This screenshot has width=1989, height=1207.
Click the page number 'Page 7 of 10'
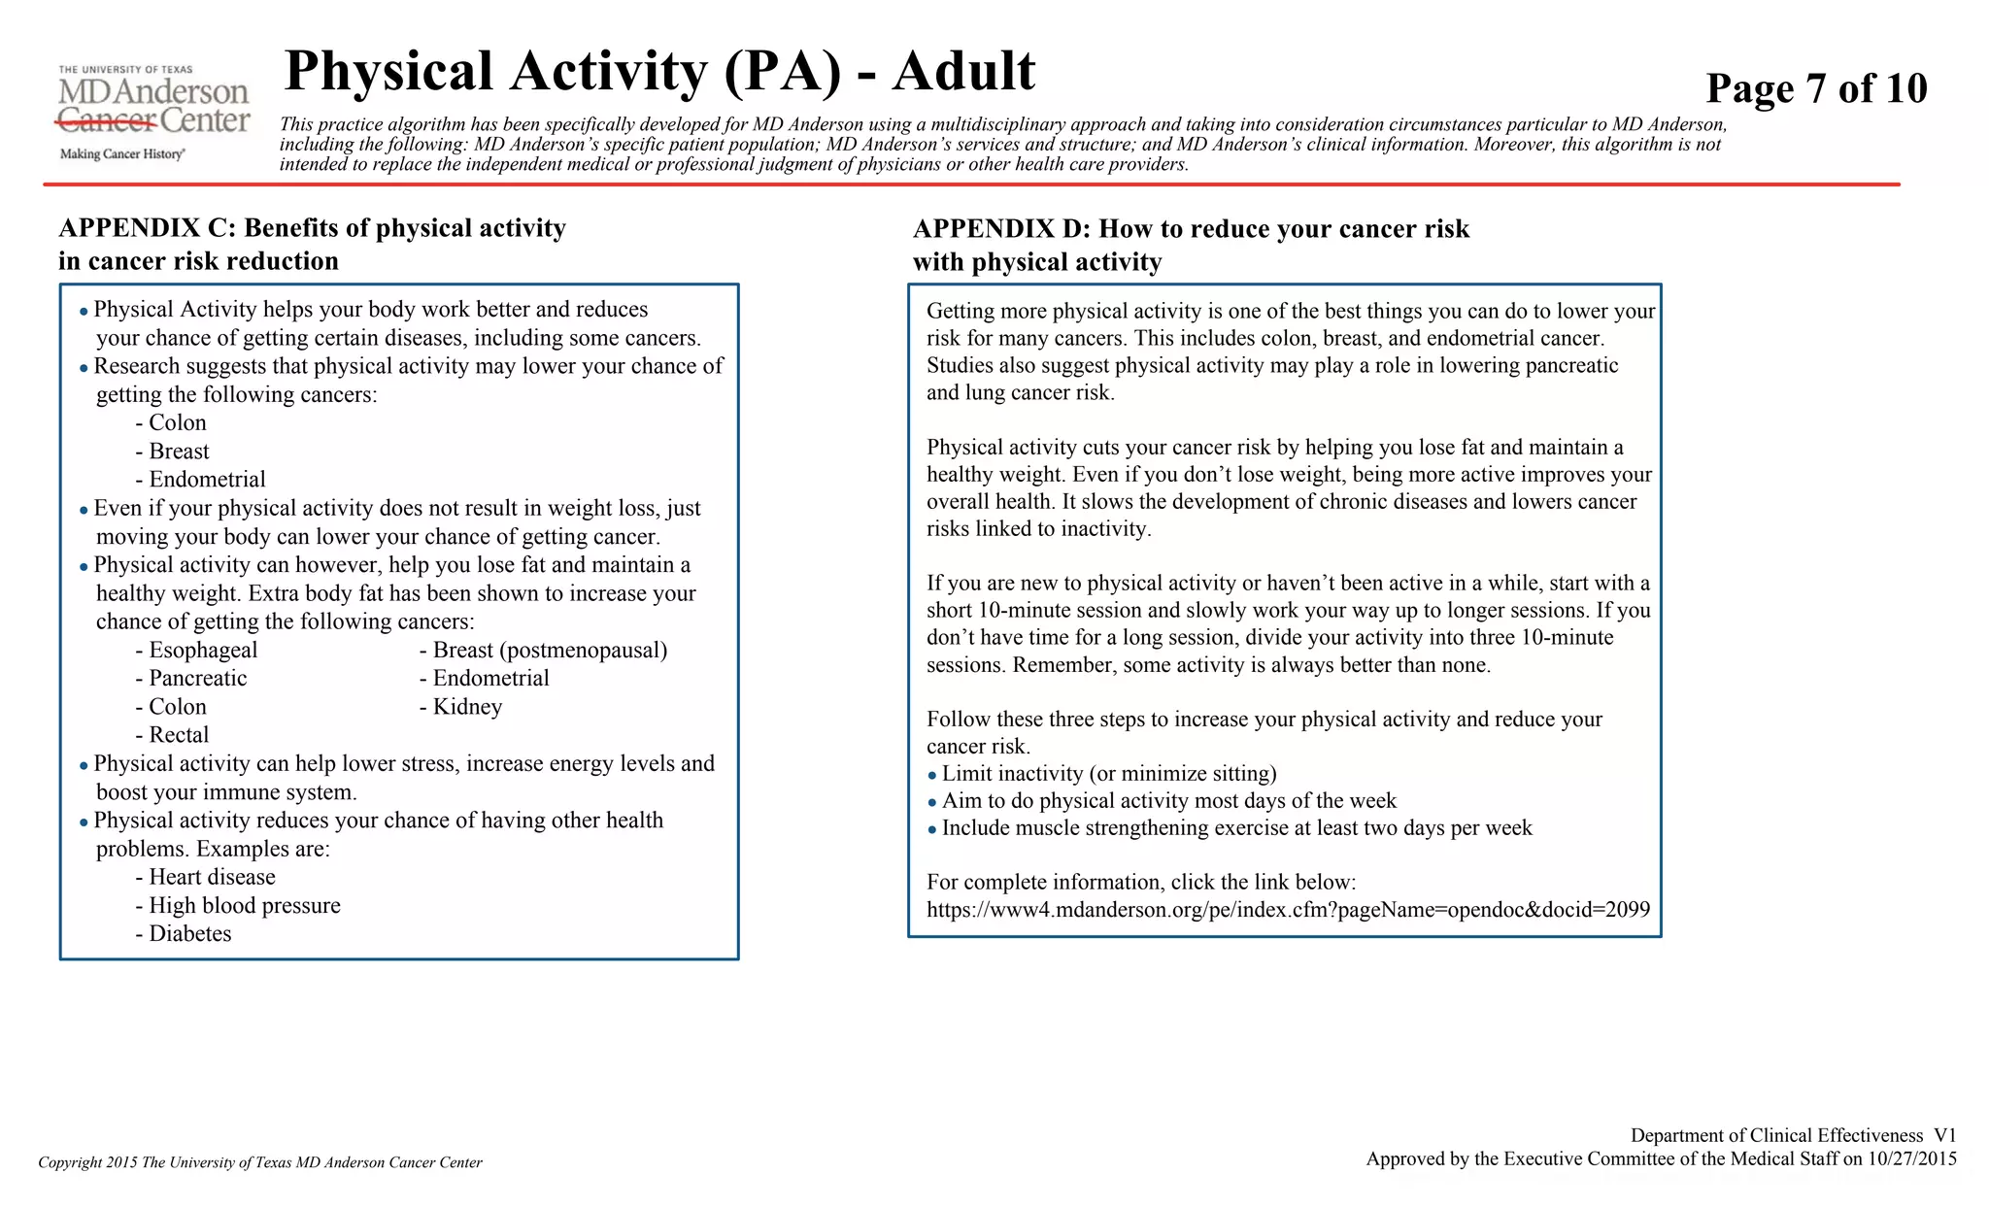click(x=1815, y=88)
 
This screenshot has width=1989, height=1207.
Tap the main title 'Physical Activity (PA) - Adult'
click(x=659, y=72)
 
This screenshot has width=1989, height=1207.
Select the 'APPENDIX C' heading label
click(x=147, y=228)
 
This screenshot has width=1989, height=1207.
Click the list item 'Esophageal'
click(x=202, y=651)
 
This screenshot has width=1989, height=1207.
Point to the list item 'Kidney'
click(x=466, y=707)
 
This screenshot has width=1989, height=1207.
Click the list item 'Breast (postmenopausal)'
click(x=549, y=651)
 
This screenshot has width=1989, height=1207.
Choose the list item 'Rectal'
click(x=178, y=735)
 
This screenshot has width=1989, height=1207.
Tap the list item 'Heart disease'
click(x=211, y=877)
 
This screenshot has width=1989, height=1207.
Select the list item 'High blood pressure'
click(x=244, y=906)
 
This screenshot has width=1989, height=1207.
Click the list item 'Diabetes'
click(x=189, y=934)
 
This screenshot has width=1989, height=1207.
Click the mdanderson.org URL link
click(x=1288, y=910)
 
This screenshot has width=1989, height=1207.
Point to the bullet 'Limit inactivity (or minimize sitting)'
click(x=1108, y=774)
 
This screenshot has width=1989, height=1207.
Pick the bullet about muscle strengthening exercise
click(x=1235, y=828)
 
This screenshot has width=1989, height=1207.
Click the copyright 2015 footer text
click(x=260, y=1162)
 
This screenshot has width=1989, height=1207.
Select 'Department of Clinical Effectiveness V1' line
click(x=1793, y=1135)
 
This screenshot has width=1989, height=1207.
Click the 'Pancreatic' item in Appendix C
click(x=197, y=679)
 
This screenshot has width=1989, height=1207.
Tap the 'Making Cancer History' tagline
click(x=122, y=154)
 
